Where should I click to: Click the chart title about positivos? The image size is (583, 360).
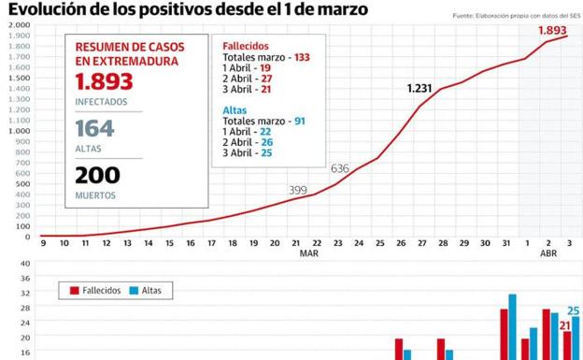coord(188,9)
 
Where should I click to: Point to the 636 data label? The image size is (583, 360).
coord(340,168)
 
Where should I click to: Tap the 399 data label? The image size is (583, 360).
coord(298,190)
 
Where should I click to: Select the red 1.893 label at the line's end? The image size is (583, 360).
coord(553,30)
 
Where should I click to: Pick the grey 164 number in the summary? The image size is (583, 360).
coord(95,129)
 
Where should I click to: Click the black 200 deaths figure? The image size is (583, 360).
coord(98,175)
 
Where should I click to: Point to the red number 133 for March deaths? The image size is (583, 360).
coord(301,57)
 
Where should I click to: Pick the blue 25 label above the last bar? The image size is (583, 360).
coord(574,310)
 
